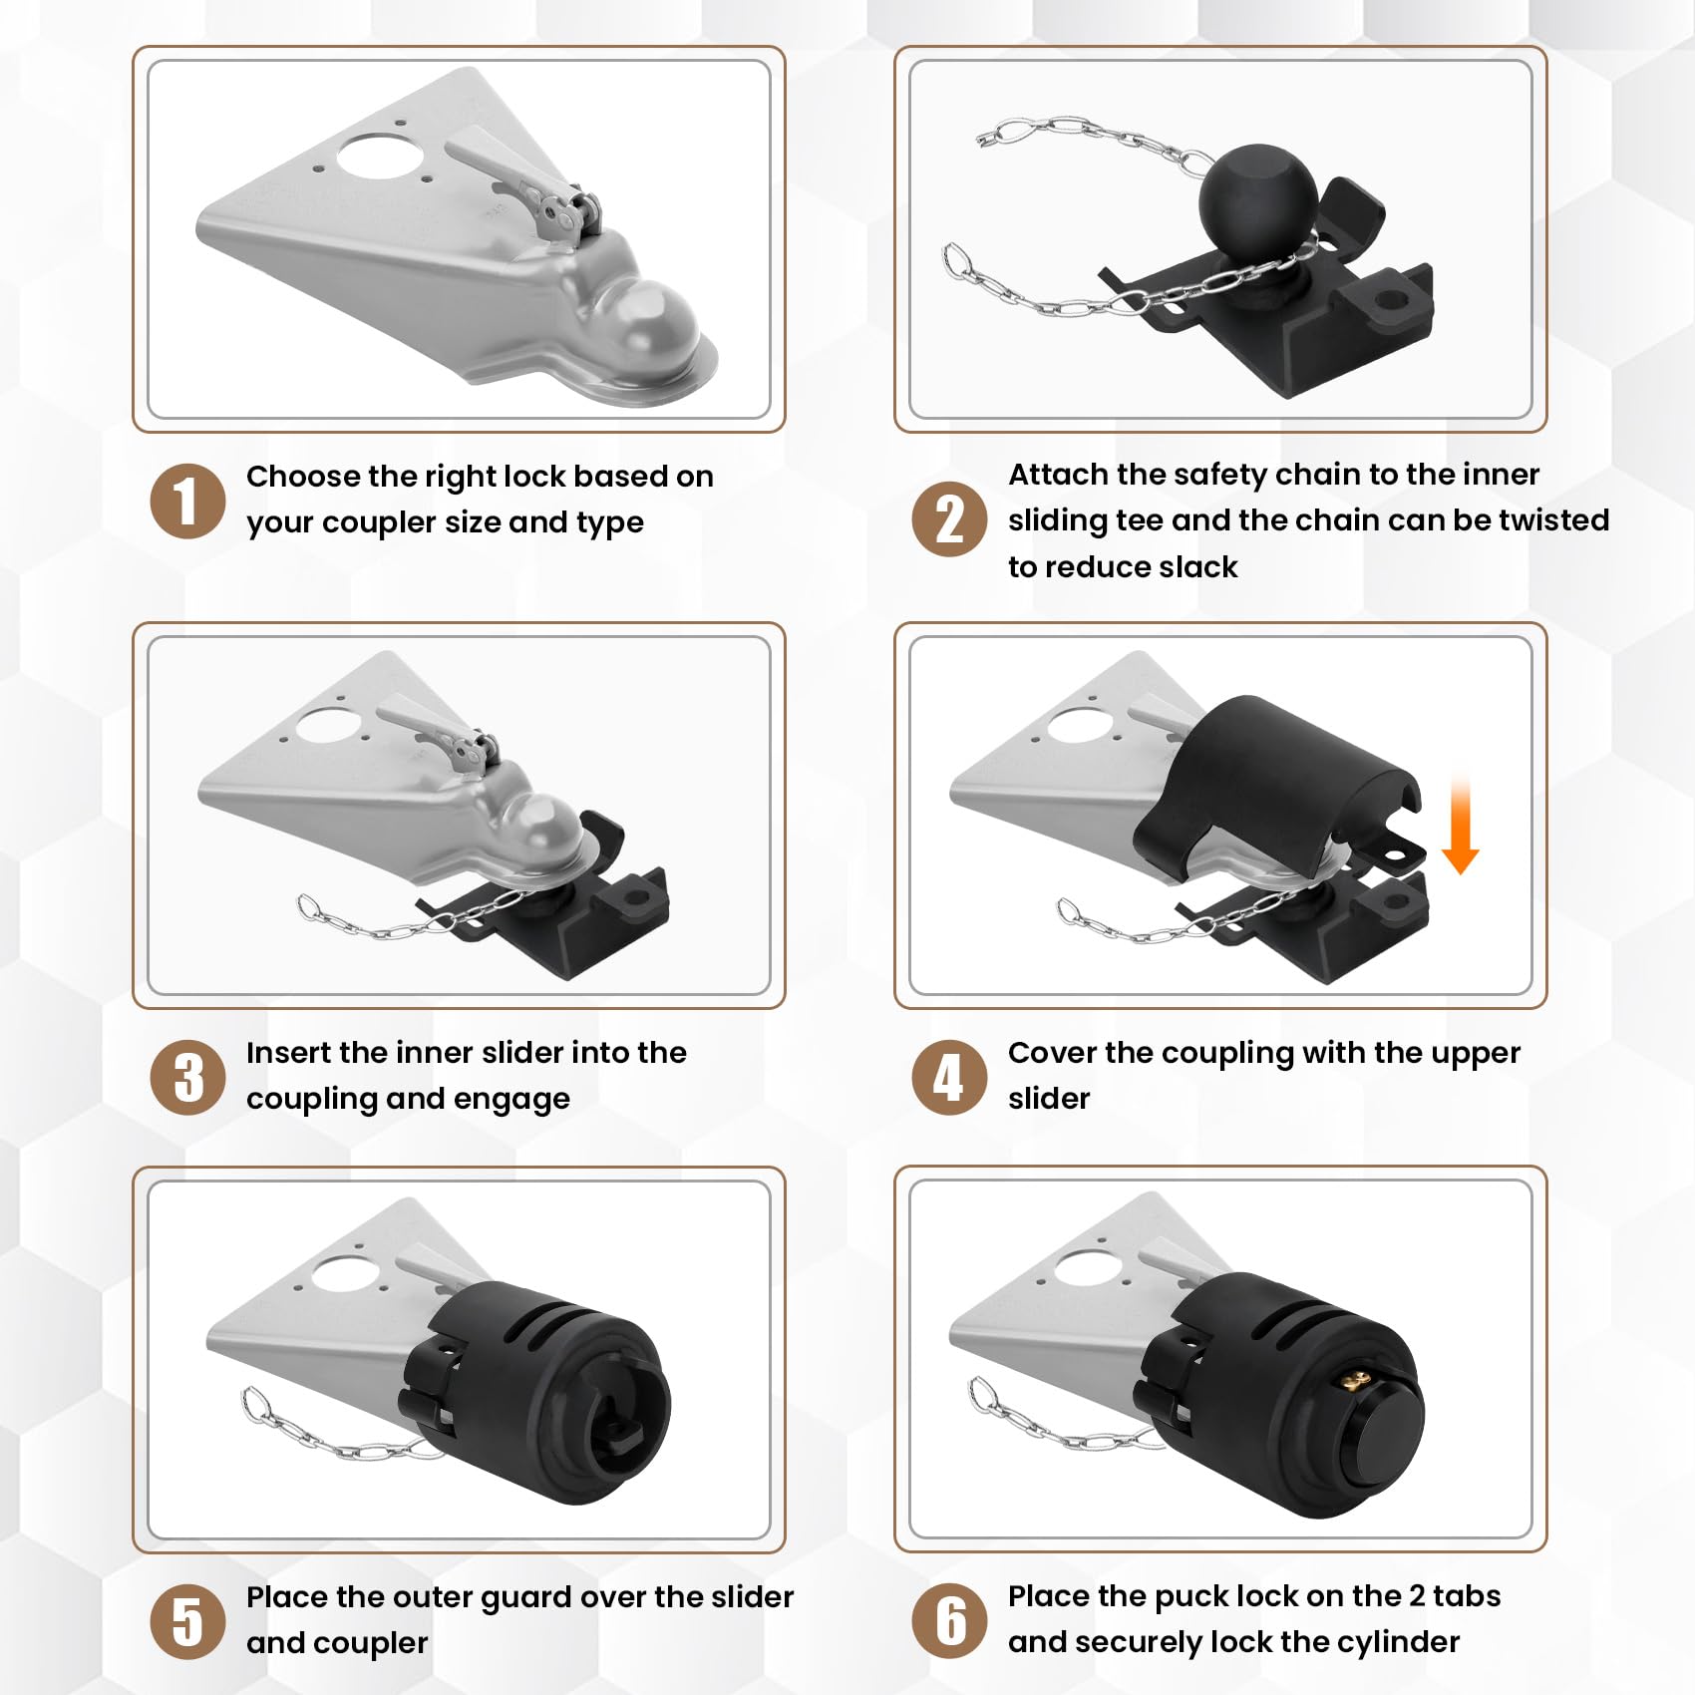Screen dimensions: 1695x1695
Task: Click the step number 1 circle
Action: [187, 501]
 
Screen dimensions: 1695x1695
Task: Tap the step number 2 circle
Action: [949, 519]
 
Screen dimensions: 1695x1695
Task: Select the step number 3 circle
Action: [187, 1077]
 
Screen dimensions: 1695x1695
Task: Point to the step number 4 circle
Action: [949, 1077]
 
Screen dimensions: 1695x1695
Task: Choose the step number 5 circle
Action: [187, 1621]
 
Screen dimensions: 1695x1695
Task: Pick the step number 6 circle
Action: [949, 1621]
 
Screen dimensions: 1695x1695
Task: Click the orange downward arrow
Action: [1460, 828]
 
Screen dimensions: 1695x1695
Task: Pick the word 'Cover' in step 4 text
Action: [1052, 1053]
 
